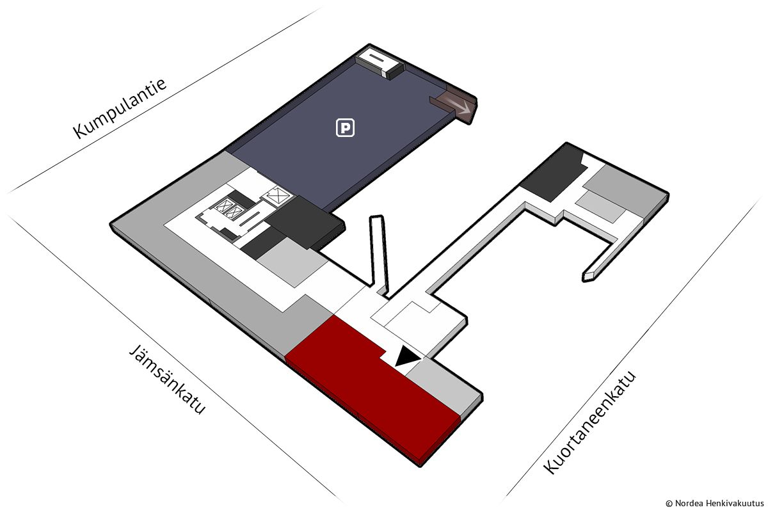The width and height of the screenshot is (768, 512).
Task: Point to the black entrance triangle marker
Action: pos(406,357)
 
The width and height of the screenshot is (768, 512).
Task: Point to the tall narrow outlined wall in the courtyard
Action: pos(380,253)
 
